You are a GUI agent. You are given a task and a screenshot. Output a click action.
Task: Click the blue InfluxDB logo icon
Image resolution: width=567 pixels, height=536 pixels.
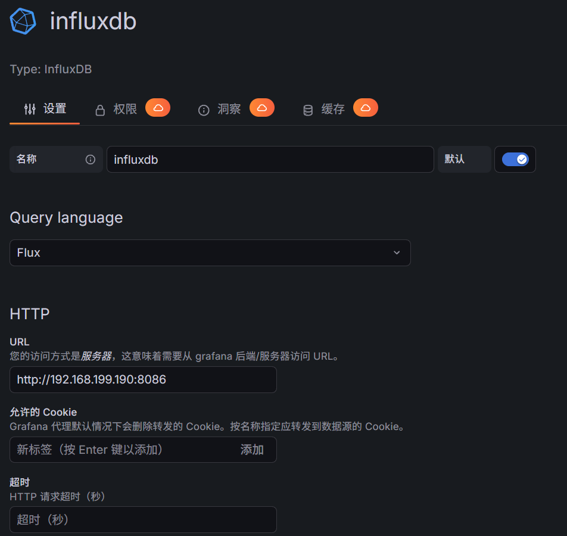point(23,21)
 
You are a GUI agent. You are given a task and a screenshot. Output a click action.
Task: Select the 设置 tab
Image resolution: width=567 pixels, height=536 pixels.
point(45,109)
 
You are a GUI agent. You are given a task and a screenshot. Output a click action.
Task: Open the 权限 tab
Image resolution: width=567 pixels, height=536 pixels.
point(117,110)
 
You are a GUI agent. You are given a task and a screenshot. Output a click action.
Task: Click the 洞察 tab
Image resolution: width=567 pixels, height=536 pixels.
point(220,110)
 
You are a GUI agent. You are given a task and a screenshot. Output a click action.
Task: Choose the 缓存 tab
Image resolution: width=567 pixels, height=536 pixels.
point(325,110)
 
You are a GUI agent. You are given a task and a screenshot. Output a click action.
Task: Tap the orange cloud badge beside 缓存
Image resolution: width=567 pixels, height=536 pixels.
point(366,108)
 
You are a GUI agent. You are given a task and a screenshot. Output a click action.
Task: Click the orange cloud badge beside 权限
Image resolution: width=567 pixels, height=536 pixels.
point(158,108)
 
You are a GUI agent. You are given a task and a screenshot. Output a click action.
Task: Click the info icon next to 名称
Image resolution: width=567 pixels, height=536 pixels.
point(91,160)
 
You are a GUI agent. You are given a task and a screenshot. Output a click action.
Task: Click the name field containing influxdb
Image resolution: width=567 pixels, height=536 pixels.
point(270,160)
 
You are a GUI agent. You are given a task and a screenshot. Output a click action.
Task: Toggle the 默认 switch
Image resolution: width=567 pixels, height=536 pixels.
point(515,160)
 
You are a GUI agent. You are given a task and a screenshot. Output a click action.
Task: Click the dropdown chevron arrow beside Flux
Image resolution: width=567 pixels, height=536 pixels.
point(397,253)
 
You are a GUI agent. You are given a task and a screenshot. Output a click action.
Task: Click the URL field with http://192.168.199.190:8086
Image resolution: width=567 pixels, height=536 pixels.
point(143,379)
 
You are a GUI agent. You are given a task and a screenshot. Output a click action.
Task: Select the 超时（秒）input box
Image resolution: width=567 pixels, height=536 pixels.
point(143,519)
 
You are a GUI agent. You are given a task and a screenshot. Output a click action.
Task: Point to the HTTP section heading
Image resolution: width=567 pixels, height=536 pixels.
point(30,314)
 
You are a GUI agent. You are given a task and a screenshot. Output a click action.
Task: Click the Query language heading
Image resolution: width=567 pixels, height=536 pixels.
point(66,218)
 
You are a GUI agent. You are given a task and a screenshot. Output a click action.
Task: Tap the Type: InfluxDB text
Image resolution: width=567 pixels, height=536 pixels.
point(51,70)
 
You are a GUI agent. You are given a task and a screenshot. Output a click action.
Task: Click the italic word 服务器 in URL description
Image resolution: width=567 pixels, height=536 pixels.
point(96,357)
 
